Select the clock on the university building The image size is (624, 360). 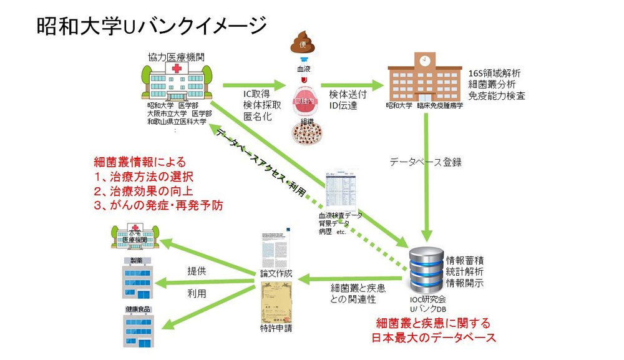click(424, 61)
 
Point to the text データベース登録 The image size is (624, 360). click(426, 162)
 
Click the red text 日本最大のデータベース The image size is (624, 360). click(433, 338)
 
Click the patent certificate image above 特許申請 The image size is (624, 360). click(275, 303)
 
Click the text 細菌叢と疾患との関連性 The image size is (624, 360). click(357, 294)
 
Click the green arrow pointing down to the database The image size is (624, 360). click(426, 187)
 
